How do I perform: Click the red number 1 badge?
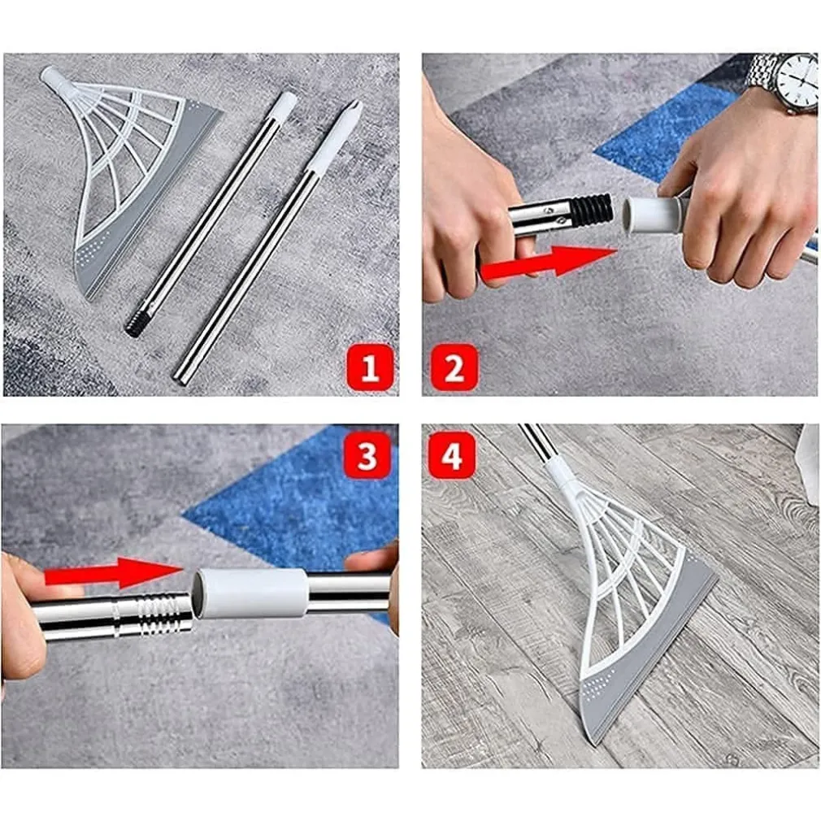pos(370,368)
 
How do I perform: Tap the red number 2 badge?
pos(453,367)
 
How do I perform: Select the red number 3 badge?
pos(367,457)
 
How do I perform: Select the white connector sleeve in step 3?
pos(250,593)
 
